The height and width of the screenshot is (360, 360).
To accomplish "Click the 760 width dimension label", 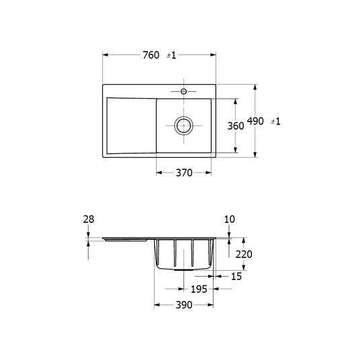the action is (151, 55).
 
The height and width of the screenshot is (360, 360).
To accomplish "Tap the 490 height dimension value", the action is (255, 121).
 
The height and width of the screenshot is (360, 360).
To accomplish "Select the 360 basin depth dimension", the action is (236, 126).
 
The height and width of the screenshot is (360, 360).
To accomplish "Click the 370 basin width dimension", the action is (184, 173).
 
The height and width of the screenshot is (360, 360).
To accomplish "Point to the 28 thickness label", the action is (89, 219).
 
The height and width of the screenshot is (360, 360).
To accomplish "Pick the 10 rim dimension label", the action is (230, 219).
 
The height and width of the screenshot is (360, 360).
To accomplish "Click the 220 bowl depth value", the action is (244, 254).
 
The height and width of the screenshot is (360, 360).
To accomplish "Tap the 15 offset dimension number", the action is (236, 277).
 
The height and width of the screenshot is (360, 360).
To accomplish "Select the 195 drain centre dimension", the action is (199, 289).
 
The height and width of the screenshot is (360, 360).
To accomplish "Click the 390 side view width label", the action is (184, 305).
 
